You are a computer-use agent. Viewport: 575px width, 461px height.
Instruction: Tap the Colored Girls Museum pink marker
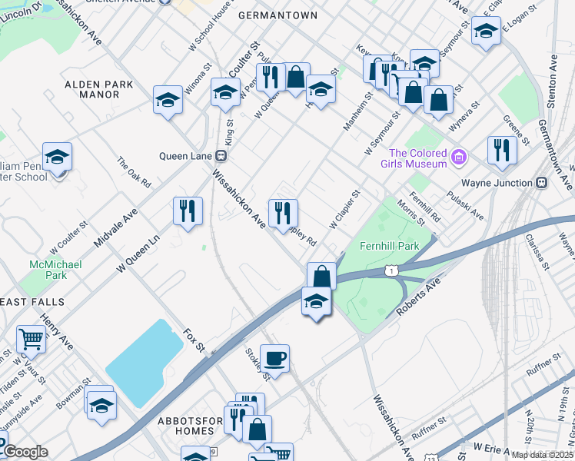pos(459,158)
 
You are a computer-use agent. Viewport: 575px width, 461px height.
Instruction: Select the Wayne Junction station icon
pos(540,183)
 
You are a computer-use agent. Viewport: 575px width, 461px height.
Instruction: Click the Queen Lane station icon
pos(221,155)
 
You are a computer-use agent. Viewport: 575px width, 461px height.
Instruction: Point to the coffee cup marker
pos(274,358)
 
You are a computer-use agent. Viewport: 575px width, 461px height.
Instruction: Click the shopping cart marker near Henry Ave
pos(31,337)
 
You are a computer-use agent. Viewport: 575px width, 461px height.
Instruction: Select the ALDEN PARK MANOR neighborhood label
pos(98,89)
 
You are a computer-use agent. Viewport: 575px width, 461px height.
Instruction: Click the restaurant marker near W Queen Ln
pos(188,211)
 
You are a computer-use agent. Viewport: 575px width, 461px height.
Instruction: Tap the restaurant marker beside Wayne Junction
pos(502,150)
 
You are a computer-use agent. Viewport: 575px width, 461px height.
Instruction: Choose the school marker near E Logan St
pos(485,31)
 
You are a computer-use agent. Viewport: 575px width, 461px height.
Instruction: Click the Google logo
pos(25,452)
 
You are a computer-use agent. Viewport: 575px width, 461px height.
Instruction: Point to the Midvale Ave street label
pos(115,227)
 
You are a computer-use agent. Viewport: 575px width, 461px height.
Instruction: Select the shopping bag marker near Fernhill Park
pos(321,275)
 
